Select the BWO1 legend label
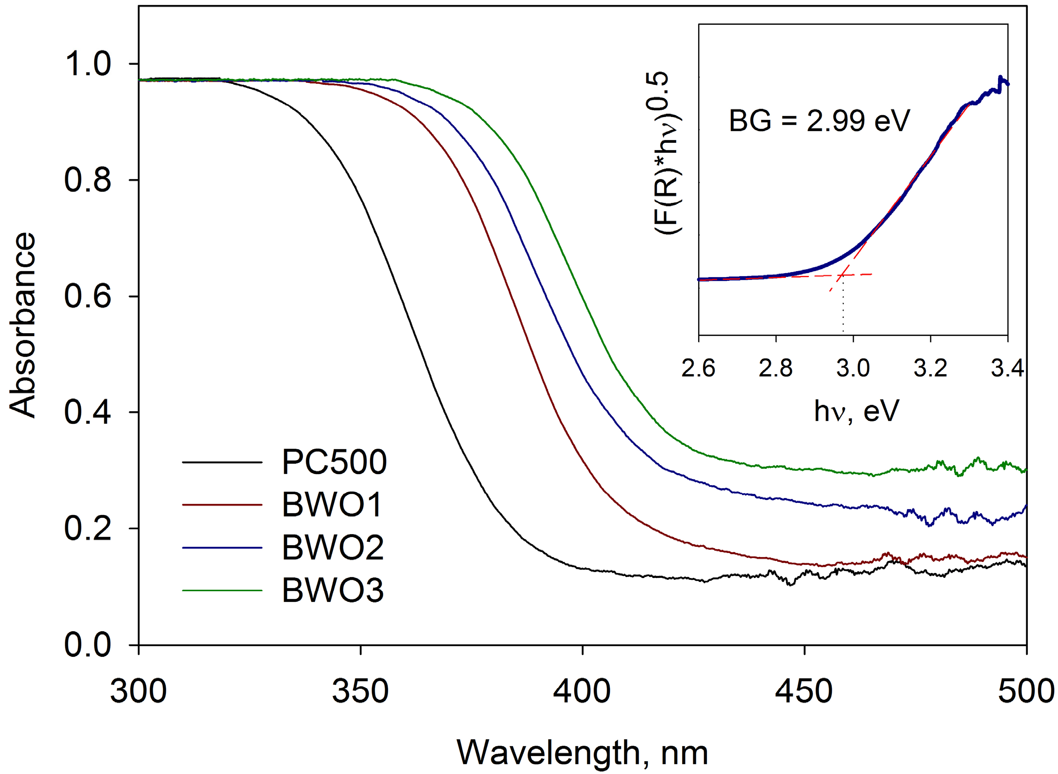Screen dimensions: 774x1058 click(332, 504)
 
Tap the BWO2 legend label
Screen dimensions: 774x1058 click(333, 547)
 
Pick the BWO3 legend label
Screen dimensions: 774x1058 click(333, 590)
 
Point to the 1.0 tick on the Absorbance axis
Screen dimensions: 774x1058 click(88, 64)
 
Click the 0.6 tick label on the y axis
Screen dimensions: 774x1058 click(88, 296)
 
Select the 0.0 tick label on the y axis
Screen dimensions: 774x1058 click(88, 645)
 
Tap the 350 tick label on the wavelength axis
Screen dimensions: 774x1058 click(360, 692)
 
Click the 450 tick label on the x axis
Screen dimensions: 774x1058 click(804, 692)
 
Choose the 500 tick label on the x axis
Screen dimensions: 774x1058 click(1026, 692)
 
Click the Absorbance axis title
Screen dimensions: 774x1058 click(22, 325)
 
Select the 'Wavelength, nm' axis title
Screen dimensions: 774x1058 click(582, 753)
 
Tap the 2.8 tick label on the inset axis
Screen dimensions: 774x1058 click(775, 368)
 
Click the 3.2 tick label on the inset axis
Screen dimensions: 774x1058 click(930, 368)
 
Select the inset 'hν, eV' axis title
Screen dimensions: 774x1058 click(856, 411)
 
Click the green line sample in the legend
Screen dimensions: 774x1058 click(222, 591)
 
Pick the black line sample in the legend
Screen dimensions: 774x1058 click(222, 462)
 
